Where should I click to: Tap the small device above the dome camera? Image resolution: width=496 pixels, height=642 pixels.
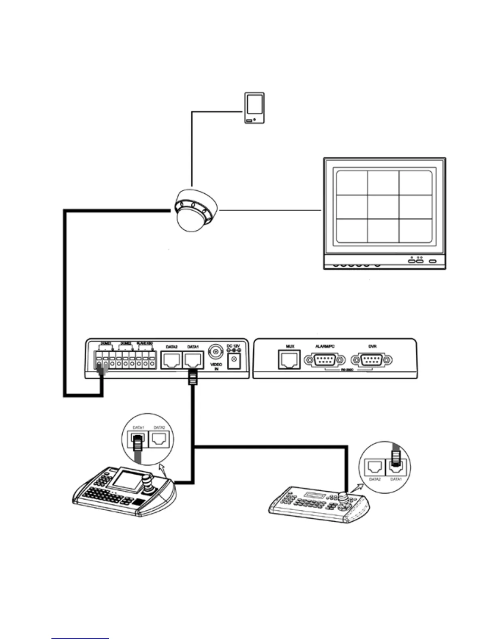pyautogui.click(x=254, y=108)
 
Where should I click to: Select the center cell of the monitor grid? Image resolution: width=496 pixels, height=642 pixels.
pyautogui.click(x=383, y=207)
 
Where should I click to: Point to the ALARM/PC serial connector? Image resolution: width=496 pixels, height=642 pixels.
pyautogui.click(x=325, y=360)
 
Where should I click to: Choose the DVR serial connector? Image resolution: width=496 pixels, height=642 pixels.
pyautogui.click(x=372, y=360)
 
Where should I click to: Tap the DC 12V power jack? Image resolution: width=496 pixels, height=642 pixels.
pyautogui.click(x=233, y=360)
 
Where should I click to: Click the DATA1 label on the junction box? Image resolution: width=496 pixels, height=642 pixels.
pyautogui.click(x=193, y=347)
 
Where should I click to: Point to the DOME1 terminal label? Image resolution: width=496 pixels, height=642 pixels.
pyautogui.click(x=106, y=344)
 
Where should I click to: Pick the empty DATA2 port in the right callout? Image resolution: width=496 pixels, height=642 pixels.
pyautogui.click(x=375, y=468)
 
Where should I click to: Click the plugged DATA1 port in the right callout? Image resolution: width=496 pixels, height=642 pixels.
pyautogui.click(x=396, y=467)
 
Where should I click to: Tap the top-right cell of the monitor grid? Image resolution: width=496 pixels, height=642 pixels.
pyautogui.click(x=415, y=183)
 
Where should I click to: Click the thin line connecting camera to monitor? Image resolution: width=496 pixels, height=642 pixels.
pyautogui.click(x=269, y=210)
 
